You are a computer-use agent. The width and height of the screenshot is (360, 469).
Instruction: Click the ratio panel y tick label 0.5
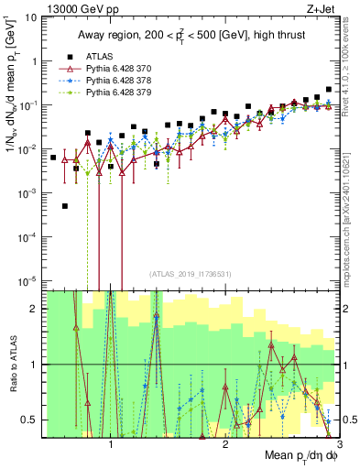click(x=35, y=420)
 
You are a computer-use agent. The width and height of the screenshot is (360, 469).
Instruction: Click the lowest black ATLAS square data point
click(x=65, y=206)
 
